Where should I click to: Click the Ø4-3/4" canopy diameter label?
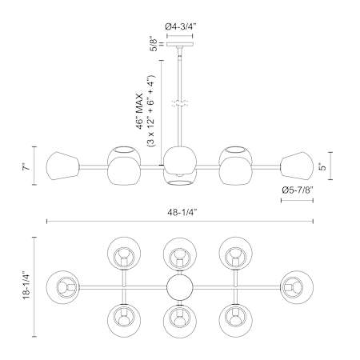coord(181,26)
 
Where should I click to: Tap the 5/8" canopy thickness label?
coord(154,43)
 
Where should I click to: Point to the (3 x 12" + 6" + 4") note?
coord(151,110)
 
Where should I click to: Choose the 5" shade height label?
coord(323,167)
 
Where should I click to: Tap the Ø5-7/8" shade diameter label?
coord(298,190)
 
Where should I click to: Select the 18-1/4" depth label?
coord(27,286)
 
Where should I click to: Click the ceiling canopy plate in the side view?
coord(180,44)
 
